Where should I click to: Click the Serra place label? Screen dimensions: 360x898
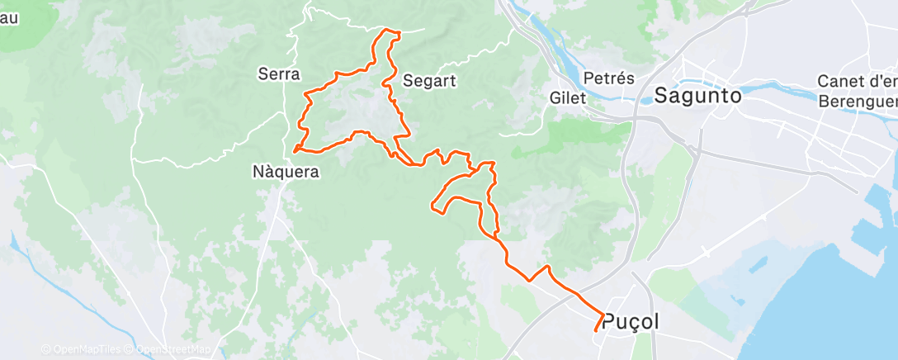tap(278, 74)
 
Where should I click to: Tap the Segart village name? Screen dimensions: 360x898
tap(430, 81)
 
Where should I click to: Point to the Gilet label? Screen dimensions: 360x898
tap(567, 97)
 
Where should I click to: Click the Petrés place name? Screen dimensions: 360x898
tap(608, 78)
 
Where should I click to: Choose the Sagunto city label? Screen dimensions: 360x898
tap(697, 96)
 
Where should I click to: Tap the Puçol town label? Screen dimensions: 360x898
tap(631, 322)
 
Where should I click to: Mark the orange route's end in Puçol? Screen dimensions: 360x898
tap(596, 331)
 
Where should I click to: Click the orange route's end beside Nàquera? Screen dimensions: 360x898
tap(295, 151)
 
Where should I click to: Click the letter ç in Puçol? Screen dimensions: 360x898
tap(631, 324)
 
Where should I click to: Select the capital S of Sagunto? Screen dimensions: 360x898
tap(662, 96)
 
